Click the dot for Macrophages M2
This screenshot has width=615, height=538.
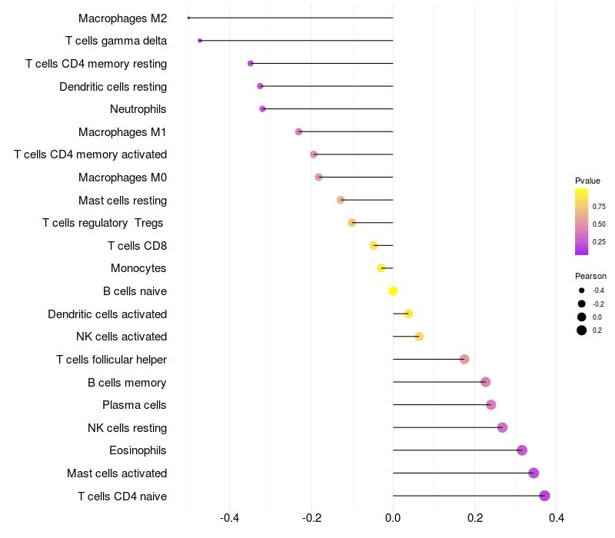pos(189,18)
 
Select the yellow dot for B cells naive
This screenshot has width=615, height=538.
pos(393,291)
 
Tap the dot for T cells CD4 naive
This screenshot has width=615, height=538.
pos(544,496)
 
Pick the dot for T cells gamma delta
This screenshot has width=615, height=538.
pos(200,41)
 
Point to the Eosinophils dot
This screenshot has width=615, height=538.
pos(522,450)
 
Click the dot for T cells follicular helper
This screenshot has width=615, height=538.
pos(464,359)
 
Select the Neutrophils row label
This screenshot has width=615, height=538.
pos(138,109)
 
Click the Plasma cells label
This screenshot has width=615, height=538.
pos(135,405)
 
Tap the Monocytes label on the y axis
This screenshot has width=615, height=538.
pos(138,268)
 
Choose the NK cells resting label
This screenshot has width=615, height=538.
pos(127,427)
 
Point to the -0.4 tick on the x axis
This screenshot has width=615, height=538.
pos(230,519)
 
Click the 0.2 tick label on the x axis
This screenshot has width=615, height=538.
pos(475,519)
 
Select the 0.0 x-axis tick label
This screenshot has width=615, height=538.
pos(393,519)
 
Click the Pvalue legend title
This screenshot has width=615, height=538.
pos(587,181)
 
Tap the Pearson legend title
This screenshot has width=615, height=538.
pos(590,276)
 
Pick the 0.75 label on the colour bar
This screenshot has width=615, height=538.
pos(599,207)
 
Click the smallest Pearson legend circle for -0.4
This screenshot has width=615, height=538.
pos(582,291)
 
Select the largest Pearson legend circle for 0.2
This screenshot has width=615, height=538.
pos(582,330)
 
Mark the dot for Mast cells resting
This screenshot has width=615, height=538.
pos(341,200)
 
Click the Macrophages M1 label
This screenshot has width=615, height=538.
pos(122,132)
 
